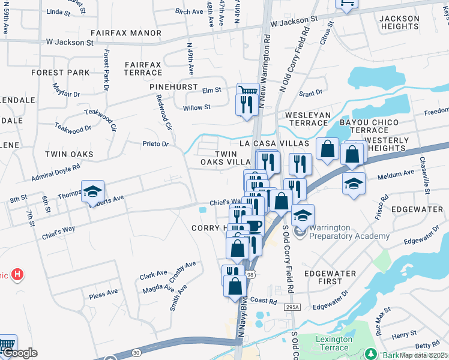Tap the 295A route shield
292,307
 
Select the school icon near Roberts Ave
92,191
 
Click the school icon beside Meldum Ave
354,182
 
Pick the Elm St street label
211,90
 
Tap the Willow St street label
196,107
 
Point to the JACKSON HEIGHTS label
400,23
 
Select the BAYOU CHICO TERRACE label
374,126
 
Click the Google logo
19,353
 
